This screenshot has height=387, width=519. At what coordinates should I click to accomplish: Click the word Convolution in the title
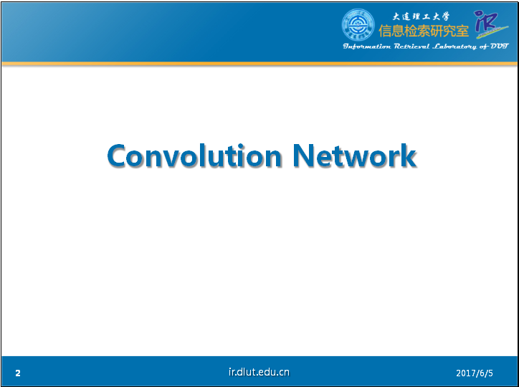195,156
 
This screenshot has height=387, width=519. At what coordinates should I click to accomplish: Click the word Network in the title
355,156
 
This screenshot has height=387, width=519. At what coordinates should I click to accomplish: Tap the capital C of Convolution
116,156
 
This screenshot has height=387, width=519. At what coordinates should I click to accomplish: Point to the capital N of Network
303,156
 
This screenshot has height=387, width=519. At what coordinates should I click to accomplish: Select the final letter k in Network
407,155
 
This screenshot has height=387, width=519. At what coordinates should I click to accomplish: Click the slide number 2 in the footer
18,373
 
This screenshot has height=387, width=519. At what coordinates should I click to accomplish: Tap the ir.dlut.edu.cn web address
259,372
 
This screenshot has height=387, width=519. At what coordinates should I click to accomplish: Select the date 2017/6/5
475,373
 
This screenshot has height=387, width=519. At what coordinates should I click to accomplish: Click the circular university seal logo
358,25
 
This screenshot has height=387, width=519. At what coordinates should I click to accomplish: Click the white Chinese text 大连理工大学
421,16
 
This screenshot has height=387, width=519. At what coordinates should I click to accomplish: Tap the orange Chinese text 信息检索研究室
424,31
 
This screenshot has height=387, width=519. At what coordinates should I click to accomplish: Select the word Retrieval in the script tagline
411,47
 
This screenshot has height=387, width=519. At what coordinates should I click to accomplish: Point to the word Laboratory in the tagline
455,47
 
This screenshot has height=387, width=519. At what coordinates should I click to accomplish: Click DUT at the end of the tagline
499,46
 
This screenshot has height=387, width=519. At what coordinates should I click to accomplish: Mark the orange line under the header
259,64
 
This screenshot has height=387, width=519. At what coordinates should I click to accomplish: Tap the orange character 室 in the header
462,31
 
